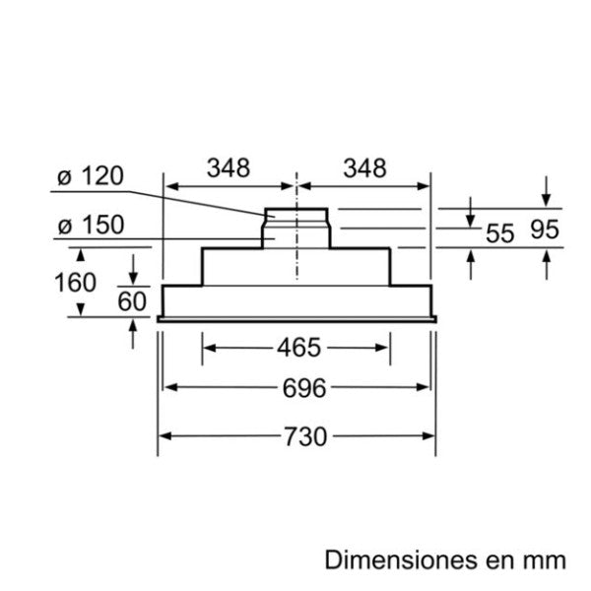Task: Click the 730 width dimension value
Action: (298, 435)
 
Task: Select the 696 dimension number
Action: (298, 387)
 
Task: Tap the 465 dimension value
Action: (298, 348)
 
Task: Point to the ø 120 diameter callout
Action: (90, 177)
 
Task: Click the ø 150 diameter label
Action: (90, 226)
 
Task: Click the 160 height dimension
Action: (75, 283)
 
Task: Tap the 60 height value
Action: (132, 301)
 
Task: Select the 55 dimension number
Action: (500, 233)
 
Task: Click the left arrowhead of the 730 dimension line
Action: (165, 435)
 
